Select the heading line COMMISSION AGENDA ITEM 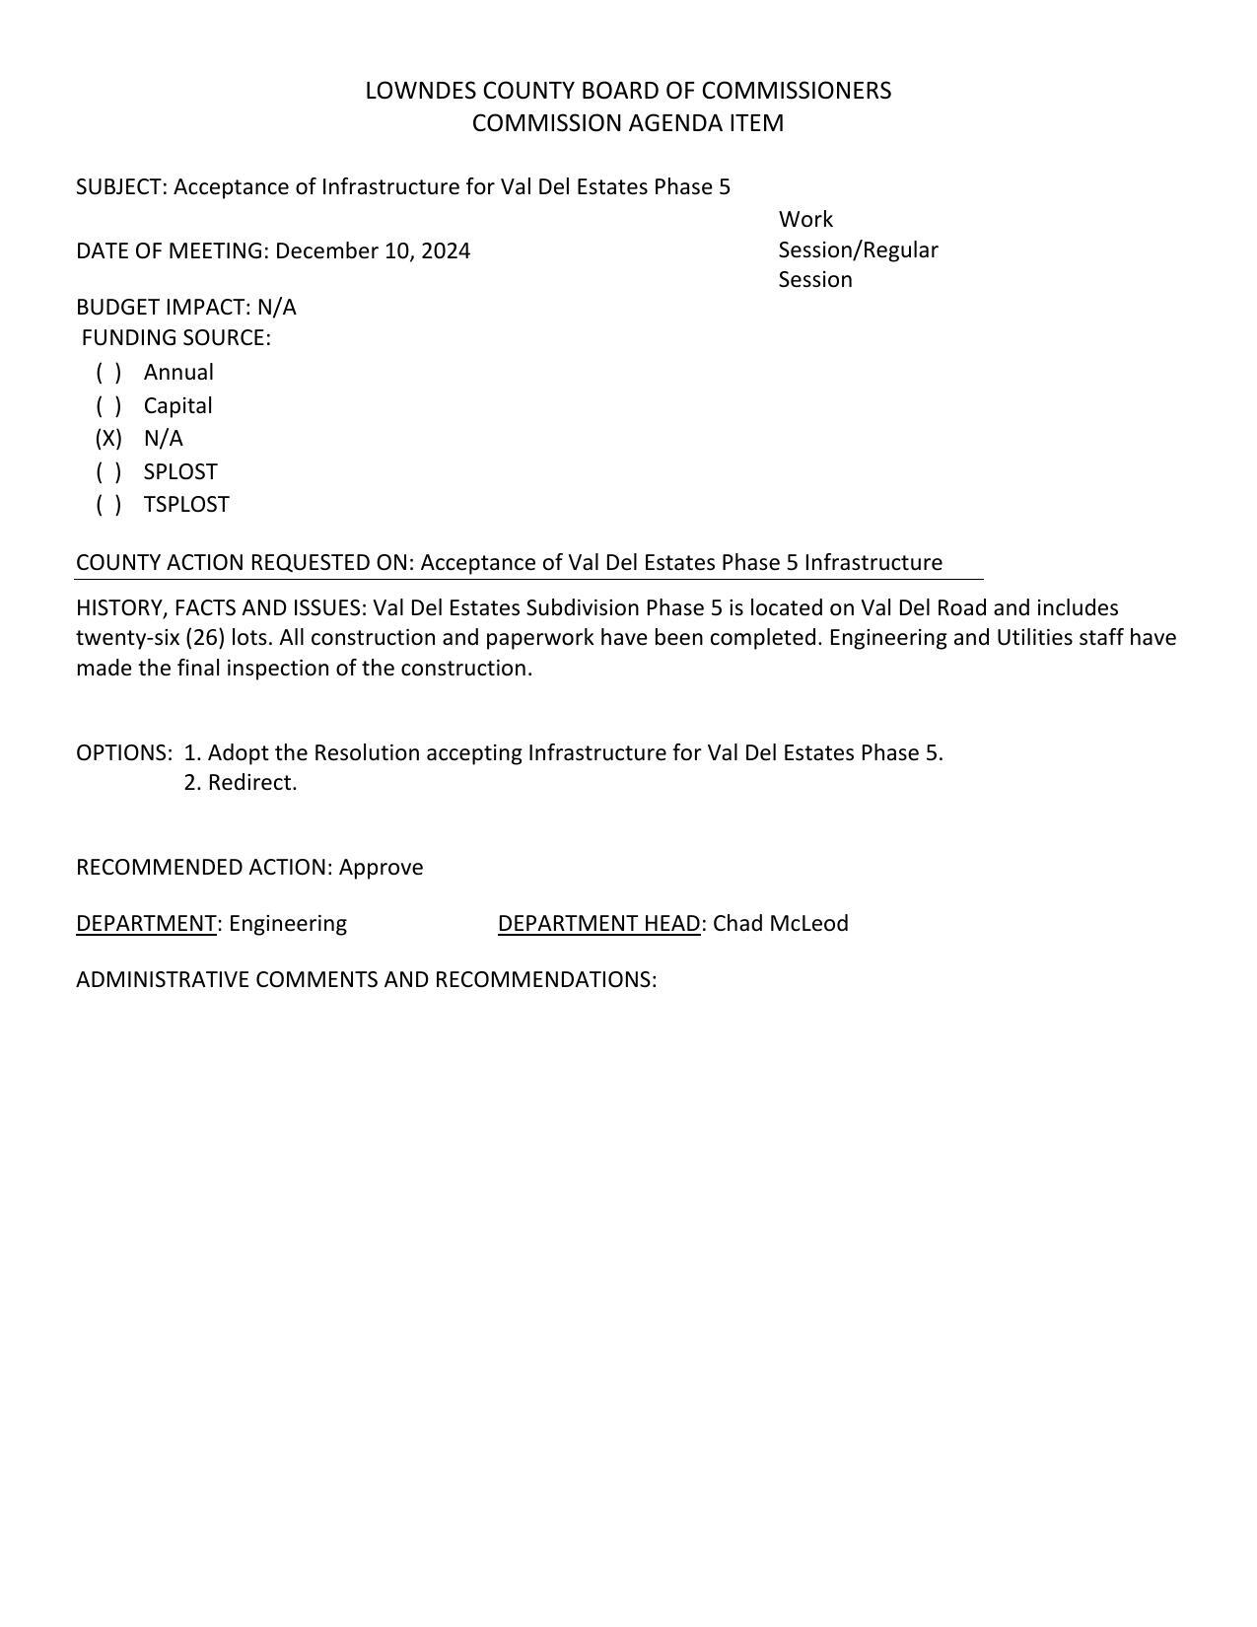point(628,123)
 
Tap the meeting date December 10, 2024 point(373,250)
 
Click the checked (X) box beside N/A point(108,438)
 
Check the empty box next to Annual point(108,372)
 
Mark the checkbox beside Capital point(108,405)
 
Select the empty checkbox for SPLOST point(108,471)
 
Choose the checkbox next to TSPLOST point(108,504)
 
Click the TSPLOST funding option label point(186,504)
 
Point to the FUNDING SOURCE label point(175,337)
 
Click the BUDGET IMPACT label point(163,307)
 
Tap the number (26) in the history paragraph point(205,637)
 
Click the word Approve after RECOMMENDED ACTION point(381,867)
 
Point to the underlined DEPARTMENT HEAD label point(598,923)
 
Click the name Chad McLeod point(780,923)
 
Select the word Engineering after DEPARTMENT point(288,923)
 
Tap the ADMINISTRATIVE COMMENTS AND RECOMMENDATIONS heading point(366,979)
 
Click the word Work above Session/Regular point(805,219)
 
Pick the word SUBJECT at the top point(119,186)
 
